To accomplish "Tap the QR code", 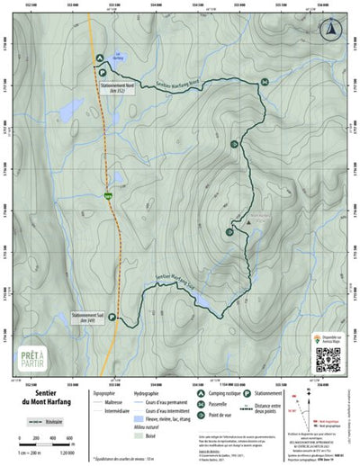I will [x=329, y=359].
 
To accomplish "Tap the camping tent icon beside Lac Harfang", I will [x=99, y=58].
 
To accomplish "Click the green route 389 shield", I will [x=109, y=193].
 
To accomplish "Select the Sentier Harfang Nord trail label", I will [x=176, y=85].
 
